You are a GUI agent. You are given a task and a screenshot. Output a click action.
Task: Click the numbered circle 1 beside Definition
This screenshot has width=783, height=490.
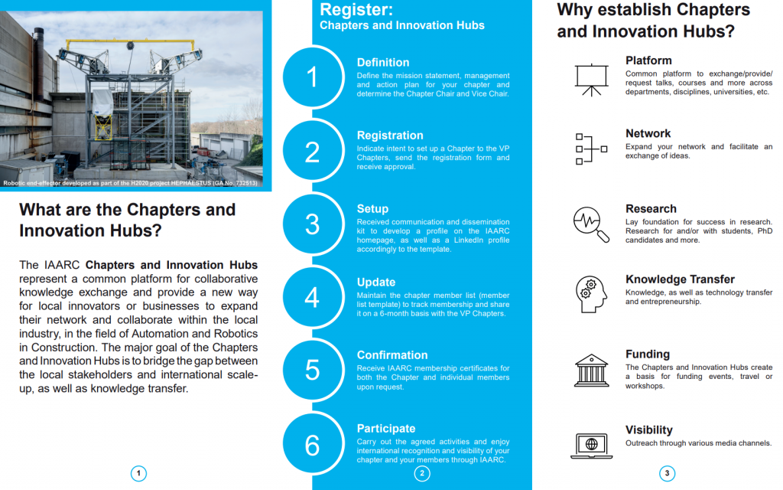click(x=313, y=77)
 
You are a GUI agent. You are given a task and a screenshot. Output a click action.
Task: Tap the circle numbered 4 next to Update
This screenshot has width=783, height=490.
click(x=313, y=297)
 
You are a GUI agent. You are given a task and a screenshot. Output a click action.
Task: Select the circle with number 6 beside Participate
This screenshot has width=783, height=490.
click(x=313, y=443)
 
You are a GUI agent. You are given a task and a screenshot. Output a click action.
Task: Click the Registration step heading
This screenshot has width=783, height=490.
click(x=390, y=136)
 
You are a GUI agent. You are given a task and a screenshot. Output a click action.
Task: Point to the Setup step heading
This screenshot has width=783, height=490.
click(x=372, y=209)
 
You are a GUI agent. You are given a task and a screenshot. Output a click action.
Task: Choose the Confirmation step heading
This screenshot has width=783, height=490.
click(x=392, y=355)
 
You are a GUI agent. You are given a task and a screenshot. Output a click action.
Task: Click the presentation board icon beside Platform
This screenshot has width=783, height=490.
click(x=591, y=80)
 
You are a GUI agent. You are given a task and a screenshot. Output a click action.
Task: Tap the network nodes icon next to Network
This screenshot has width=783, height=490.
click(x=591, y=149)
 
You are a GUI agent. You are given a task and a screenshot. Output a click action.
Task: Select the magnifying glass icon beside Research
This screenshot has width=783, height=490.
click(x=591, y=224)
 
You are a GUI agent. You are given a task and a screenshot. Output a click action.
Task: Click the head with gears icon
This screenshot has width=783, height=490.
click(x=591, y=295)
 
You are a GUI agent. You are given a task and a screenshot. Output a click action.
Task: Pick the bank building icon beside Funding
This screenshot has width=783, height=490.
click(x=591, y=371)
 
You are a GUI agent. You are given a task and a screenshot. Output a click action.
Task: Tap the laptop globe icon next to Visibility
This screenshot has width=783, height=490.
click(x=591, y=446)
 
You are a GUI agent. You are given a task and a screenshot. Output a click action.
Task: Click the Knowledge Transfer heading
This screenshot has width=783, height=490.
click(x=680, y=279)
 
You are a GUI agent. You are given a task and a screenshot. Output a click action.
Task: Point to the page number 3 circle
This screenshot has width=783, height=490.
click(x=667, y=473)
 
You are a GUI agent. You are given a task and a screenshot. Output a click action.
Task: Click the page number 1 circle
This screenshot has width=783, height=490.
click(x=139, y=473)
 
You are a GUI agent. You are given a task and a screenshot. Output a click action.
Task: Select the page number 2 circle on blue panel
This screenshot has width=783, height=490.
click(x=422, y=473)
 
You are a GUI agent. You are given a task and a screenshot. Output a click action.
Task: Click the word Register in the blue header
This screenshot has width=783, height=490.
click(x=356, y=9)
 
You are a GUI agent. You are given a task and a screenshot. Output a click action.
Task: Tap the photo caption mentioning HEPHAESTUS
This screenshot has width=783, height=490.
click(x=130, y=183)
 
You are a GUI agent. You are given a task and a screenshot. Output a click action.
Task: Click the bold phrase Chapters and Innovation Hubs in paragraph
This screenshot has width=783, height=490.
click(x=171, y=265)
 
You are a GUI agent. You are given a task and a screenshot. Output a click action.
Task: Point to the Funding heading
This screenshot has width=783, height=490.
click(x=648, y=354)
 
